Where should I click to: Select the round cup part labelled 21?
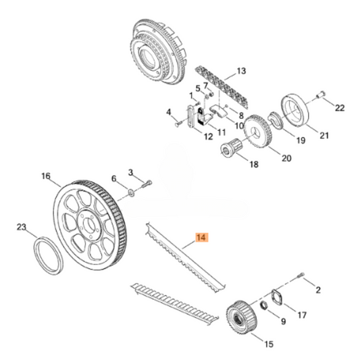click(x=297, y=109)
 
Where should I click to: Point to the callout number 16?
click(x=46, y=177)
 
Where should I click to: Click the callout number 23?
click(x=22, y=227)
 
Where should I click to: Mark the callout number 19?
click(x=301, y=142)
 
